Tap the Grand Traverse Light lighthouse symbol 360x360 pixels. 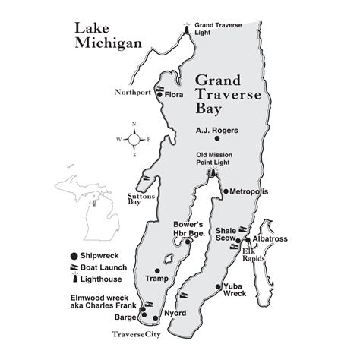[x=186, y=29]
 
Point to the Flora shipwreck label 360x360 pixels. [x=175, y=96]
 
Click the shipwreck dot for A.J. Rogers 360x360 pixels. [x=217, y=139]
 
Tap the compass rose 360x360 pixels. [x=134, y=141]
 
